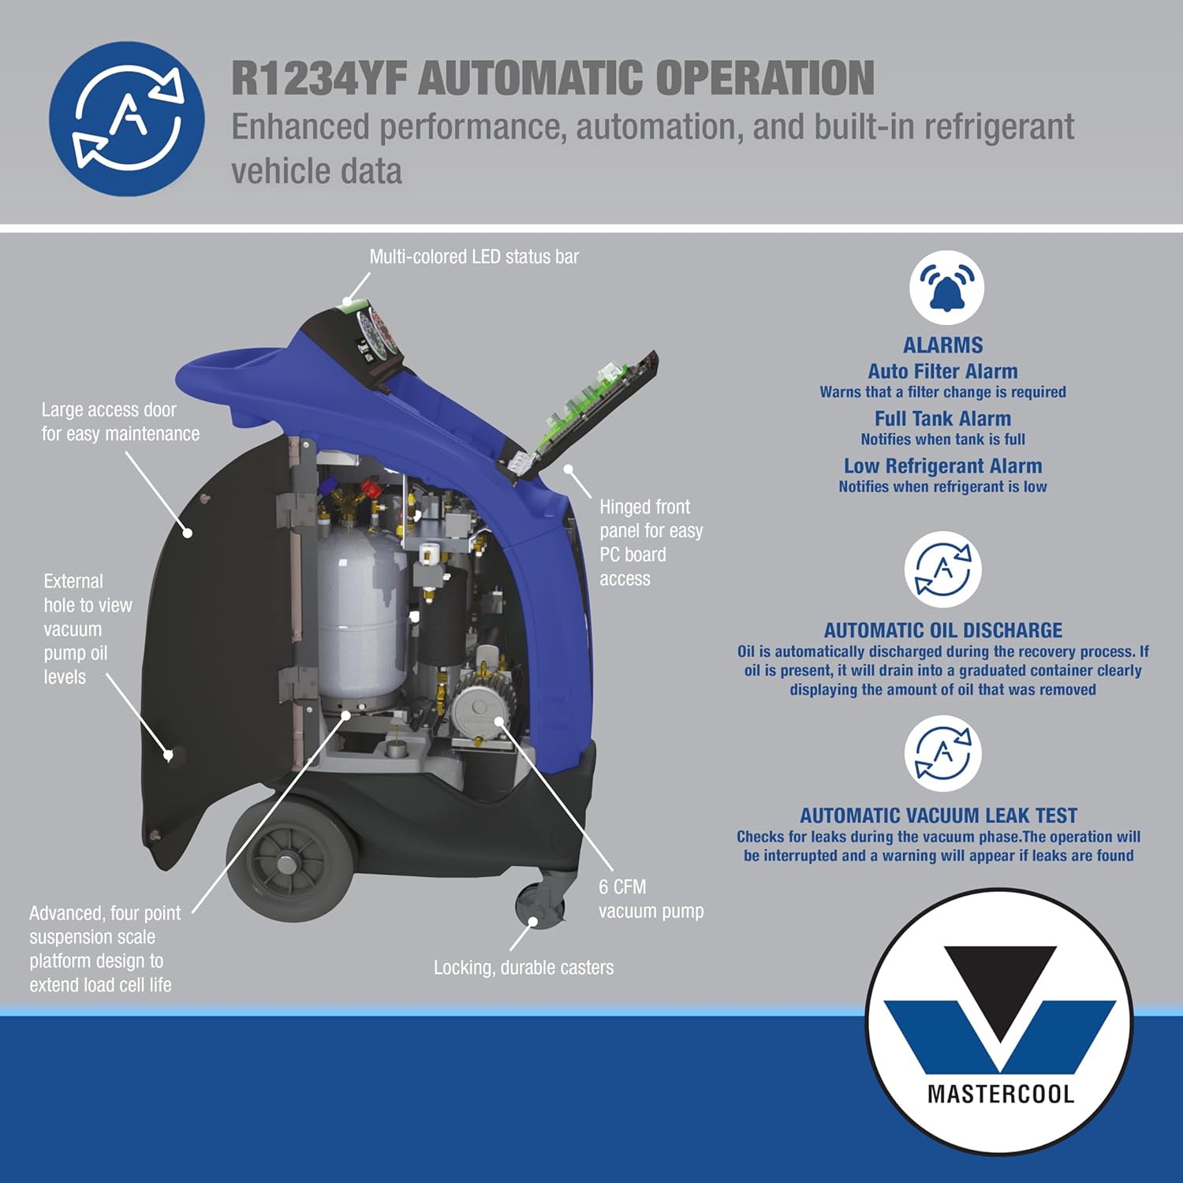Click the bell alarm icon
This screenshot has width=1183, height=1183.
[946, 287]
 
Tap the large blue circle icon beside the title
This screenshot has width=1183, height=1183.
[127, 118]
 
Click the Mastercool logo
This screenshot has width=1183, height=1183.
[999, 1022]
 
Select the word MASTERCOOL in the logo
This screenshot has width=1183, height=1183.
[1001, 1094]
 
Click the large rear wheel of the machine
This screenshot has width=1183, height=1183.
[290, 860]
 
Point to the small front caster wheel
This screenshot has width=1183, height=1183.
[539, 907]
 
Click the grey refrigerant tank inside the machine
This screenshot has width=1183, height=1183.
[362, 611]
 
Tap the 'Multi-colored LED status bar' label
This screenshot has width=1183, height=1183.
[474, 257]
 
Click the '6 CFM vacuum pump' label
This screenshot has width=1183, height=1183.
[651, 899]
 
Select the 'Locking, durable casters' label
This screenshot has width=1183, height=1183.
[524, 968]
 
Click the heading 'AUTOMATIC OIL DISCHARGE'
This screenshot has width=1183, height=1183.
[943, 630]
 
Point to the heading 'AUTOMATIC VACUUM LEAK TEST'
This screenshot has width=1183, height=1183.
[939, 815]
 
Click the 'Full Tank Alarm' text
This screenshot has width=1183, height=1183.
[942, 419]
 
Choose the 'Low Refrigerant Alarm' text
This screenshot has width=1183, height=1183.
[943, 466]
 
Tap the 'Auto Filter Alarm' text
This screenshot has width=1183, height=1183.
[943, 371]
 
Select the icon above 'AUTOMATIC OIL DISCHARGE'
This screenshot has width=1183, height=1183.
[943, 569]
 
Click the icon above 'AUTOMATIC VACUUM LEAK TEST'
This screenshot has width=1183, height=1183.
[943, 753]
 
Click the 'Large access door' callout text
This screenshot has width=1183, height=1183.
[121, 422]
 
